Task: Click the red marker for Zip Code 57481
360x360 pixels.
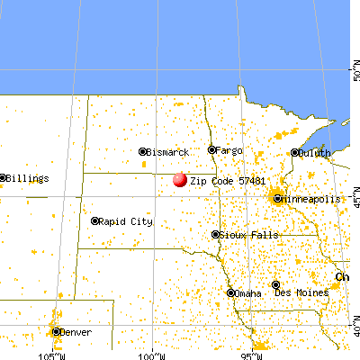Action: pos(179,179)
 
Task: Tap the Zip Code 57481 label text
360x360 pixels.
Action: pos(227,181)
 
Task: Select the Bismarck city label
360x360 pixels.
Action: pos(167,152)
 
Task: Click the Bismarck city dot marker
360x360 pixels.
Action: pos(143,151)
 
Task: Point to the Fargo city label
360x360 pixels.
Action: pos(229,149)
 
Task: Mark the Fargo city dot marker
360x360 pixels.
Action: pos(212,149)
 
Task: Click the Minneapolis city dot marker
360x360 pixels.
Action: pos(278,198)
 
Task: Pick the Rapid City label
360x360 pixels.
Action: pos(125,221)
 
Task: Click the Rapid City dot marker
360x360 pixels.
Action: pos(95,220)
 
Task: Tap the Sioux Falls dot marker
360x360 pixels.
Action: pos(215,235)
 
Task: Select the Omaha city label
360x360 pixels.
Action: pos(249,292)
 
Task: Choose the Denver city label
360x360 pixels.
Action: pos(77,332)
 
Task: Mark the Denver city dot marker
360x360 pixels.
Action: pos(58,331)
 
